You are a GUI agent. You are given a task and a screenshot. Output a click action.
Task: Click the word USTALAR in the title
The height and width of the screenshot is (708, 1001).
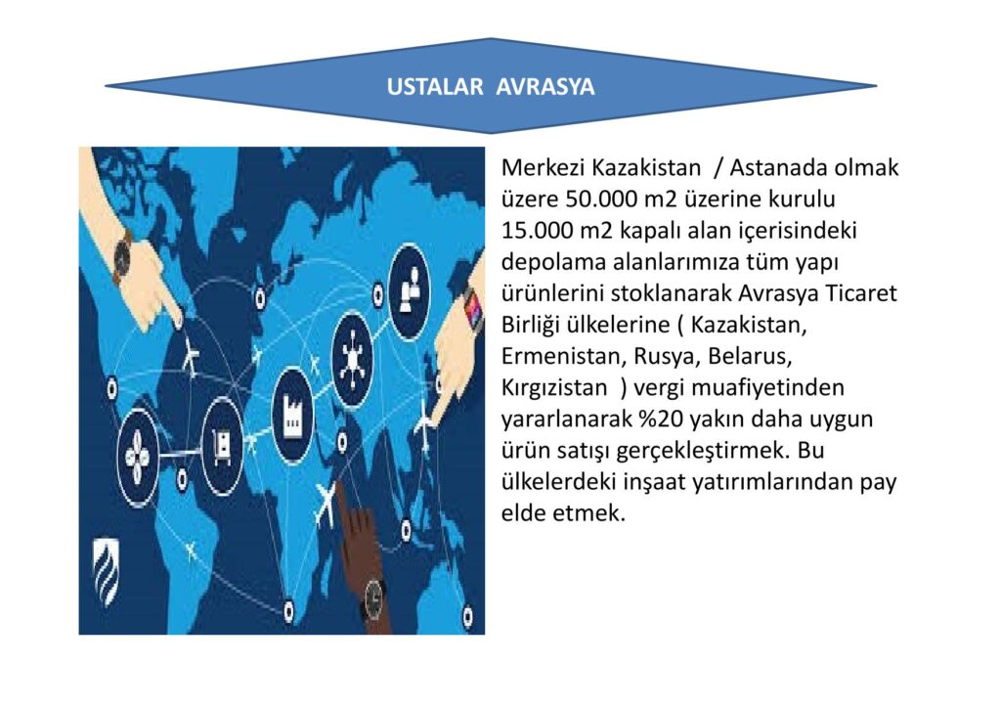(x=434, y=87)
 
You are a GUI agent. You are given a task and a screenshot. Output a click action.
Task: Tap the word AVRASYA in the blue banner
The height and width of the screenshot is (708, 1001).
(x=544, y=87)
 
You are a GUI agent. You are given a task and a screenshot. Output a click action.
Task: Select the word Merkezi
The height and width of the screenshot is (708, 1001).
(x=543, y=167)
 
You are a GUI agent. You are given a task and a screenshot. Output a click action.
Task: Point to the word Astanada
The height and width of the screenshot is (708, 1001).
(x=781, y=167)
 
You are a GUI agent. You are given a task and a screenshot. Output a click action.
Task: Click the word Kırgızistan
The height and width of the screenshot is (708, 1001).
(x=554, y=387)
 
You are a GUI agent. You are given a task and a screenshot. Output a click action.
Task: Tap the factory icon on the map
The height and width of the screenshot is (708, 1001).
(x=292, y=415)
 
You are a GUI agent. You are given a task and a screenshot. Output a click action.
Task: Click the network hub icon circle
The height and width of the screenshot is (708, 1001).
(x=352, y=360)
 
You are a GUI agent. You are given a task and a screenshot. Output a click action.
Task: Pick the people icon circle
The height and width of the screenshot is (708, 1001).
(x=410, y=292)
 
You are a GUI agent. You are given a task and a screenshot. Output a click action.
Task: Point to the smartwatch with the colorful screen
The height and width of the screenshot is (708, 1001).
(x=474, y=308)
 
